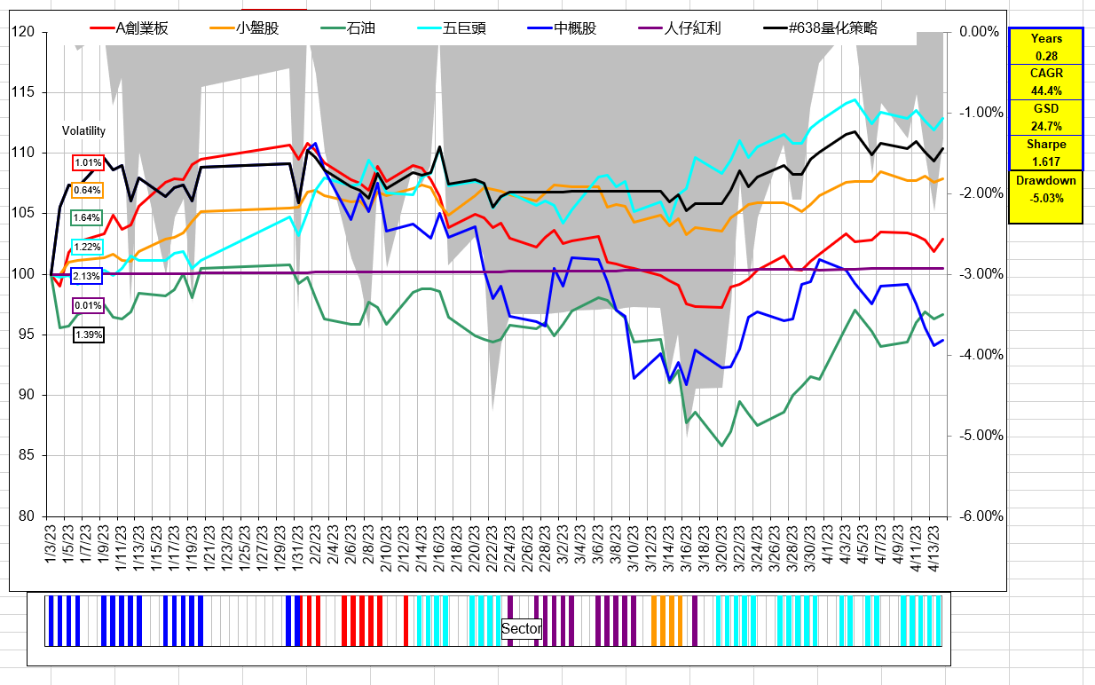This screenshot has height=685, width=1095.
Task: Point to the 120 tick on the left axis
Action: tap(22, 32)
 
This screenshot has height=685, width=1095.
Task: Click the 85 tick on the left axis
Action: tap(26, 456)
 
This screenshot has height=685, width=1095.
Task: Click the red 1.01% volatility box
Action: tap(88, 163)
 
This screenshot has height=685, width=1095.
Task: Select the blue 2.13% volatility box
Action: tap(86, 276)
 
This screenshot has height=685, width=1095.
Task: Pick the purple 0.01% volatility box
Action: tap(88, 306)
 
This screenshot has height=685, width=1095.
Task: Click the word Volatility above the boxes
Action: tap(83, 131)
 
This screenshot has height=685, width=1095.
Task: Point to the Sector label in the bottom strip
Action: tap(521, 629)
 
